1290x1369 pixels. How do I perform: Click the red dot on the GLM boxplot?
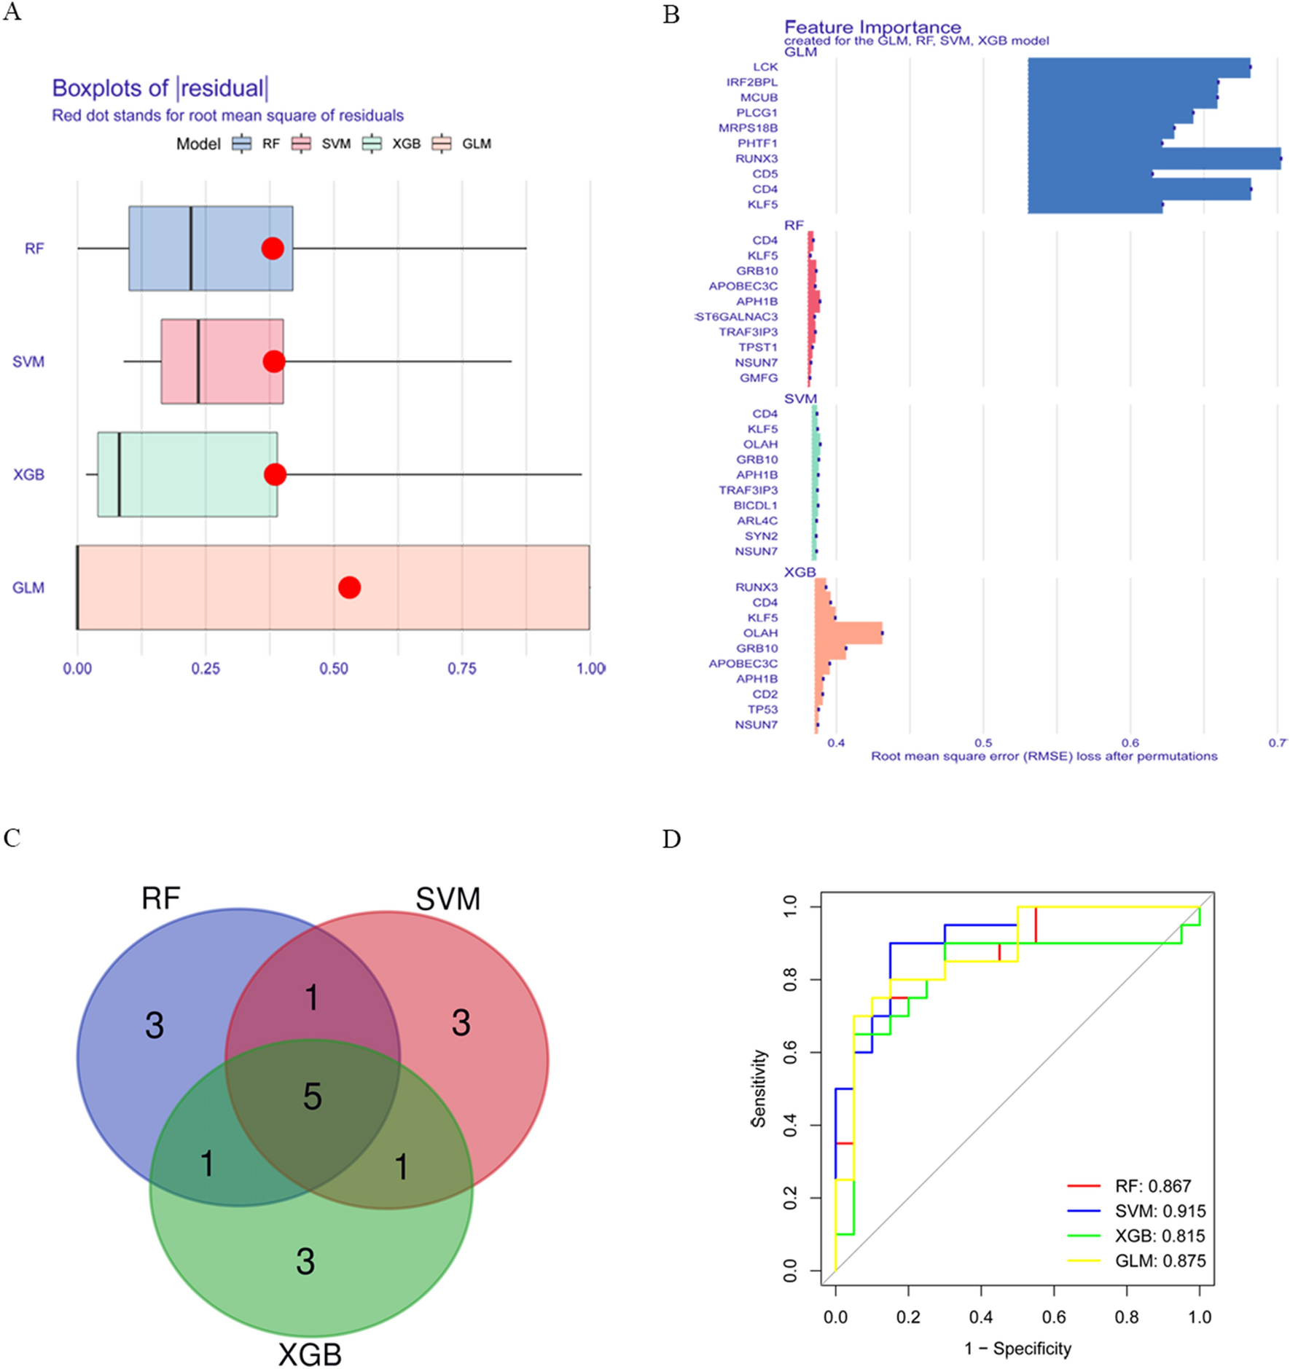tap(349, 587)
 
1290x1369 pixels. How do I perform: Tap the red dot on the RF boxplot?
tap(273, 248)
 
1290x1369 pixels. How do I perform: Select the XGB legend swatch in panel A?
tap(372, 144)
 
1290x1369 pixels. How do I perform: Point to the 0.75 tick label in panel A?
tap(461, 669)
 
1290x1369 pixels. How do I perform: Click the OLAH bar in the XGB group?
tap(849, 633)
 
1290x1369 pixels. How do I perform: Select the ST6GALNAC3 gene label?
tap(737, 317)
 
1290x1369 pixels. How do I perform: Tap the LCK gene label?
tap(765, 67)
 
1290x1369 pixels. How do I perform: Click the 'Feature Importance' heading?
tap(872, 28)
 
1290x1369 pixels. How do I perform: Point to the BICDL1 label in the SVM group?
tap(756, 506)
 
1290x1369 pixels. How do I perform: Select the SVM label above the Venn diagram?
tap(447, 899)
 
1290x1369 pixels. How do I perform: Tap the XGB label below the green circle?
tap(310, 1354)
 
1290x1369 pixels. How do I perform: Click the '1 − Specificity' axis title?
tap(1017, 1349)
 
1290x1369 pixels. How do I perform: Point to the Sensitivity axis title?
tap(759, 1088)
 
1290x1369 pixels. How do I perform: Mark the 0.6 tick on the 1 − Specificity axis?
tap(1054, 1317)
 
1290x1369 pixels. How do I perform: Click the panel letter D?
tap(671, 839)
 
